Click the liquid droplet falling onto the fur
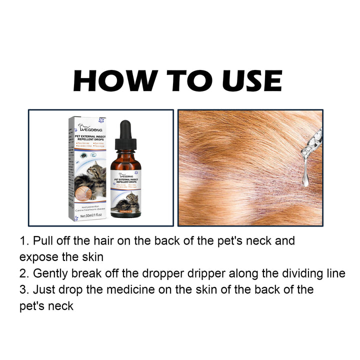(305, 178)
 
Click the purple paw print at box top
(101, 120)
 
